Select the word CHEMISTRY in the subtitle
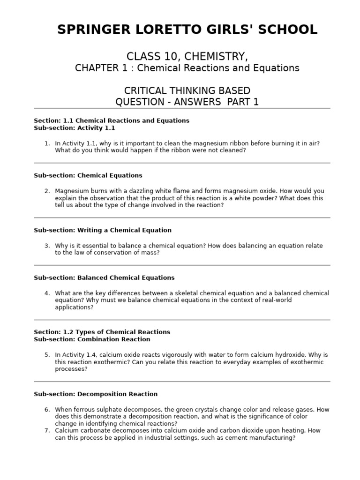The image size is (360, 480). [x=214, y=57]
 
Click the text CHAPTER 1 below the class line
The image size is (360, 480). [x=100, y=68]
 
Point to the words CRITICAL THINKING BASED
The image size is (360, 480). [x=187, y=90]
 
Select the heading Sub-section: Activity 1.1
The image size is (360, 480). [x=74, y=128]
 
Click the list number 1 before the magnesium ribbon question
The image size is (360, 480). [x=46, y=143]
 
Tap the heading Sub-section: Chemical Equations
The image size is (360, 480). [x=88, y=175]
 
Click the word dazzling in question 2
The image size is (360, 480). [x=128, y=191]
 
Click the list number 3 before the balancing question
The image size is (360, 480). [x=46, y=246]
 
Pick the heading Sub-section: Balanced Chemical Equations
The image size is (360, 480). [x=104, y=277]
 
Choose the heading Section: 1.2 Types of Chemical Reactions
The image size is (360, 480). [x=102, y=332]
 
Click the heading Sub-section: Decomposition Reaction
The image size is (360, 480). [x=96, y=394]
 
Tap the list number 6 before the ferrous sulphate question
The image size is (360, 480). [x=46, y=410]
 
